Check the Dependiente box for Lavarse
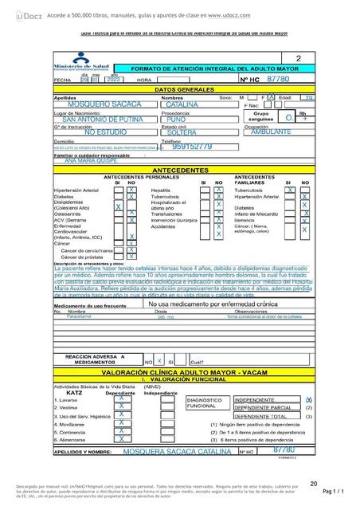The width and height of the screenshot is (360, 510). (120, 399)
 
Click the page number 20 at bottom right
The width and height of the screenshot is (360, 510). (314, 483)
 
